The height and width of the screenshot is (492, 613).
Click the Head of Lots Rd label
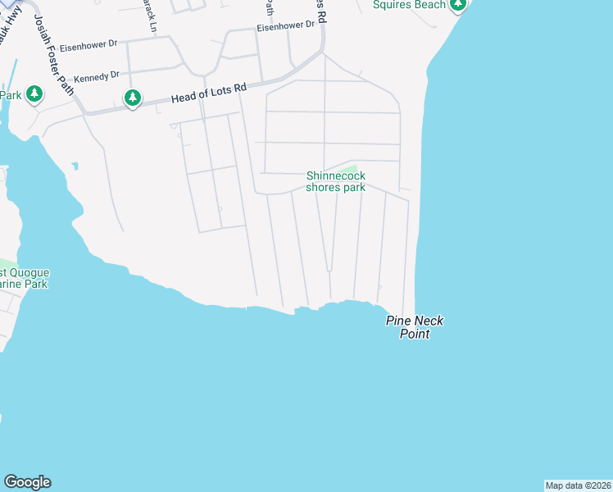209,94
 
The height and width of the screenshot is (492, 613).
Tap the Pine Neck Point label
415,327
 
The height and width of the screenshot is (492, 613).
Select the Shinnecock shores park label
336,181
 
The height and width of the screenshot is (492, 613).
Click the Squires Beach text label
409,5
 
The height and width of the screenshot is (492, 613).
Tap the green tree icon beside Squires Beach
459,5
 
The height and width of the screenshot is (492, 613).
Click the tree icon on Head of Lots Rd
133,98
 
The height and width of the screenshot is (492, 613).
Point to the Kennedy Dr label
97,76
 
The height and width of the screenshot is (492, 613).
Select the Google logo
27,482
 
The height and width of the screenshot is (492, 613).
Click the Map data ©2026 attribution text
578,485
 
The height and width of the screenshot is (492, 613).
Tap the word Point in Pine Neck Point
415,334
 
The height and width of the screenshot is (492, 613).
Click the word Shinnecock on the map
336,175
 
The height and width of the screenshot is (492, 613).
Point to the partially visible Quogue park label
25,278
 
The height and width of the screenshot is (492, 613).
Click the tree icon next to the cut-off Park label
34,95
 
